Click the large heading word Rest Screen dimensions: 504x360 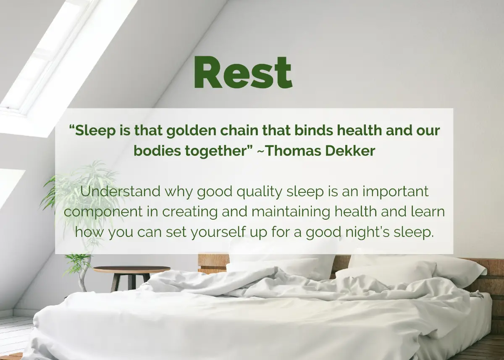click(243, 72)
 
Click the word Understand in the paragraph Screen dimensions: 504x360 click(120, 192)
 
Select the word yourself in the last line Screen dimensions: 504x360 click(218, 232)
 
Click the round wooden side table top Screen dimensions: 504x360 click(131, 269)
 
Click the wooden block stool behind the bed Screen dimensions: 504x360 click(213, 263)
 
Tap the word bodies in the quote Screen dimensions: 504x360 click(157, 151)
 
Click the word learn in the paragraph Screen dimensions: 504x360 click(428, 212)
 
